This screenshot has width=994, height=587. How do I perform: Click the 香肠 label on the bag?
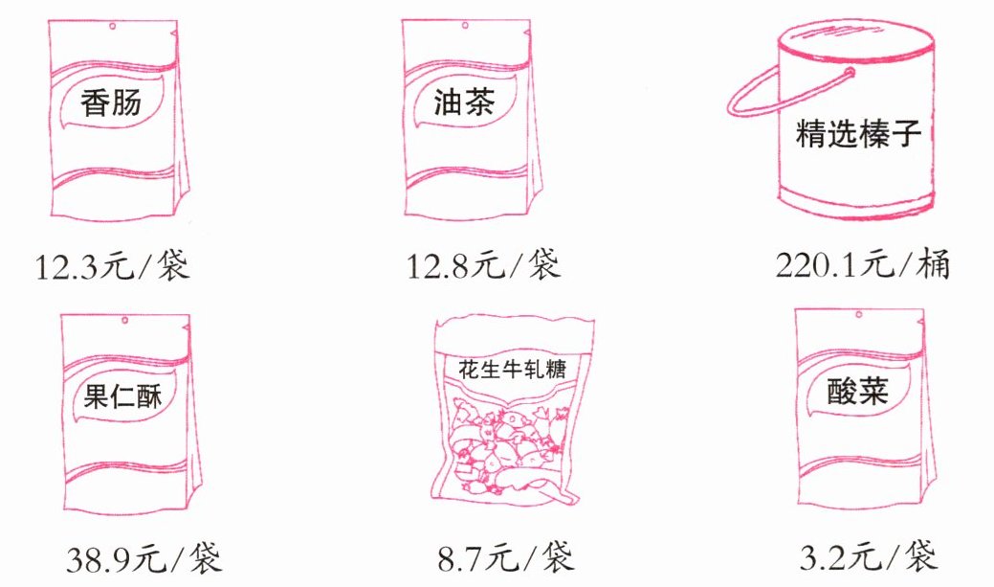click(110, 102)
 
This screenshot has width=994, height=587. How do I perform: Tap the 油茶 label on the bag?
click(463, 102)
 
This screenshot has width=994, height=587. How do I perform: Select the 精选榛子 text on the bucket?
click(858, 132)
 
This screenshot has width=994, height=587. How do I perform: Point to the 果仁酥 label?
click(123, 395)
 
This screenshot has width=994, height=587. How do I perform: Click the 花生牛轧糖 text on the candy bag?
click(512, 369)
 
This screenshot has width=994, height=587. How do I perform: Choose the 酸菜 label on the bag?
click(858, 391)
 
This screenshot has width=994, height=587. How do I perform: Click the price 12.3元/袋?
click(112, 265)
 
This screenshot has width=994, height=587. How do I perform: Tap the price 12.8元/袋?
click(484, 264)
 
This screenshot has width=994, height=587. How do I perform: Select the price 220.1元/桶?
click(863, 264)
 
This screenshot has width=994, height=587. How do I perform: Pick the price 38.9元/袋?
click(144, 558)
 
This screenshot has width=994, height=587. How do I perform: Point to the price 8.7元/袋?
click(506, 557)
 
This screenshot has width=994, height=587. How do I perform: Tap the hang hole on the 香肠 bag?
click(112, 27)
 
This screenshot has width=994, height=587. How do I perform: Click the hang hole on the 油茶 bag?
click(465, 26)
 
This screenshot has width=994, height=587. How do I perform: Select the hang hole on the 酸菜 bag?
click(859, 315)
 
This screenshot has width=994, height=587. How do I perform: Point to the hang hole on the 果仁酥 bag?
click(125, 320)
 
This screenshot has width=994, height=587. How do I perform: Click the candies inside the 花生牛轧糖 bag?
click(507, 451)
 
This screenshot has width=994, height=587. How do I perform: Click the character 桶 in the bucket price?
click(934, 264)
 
